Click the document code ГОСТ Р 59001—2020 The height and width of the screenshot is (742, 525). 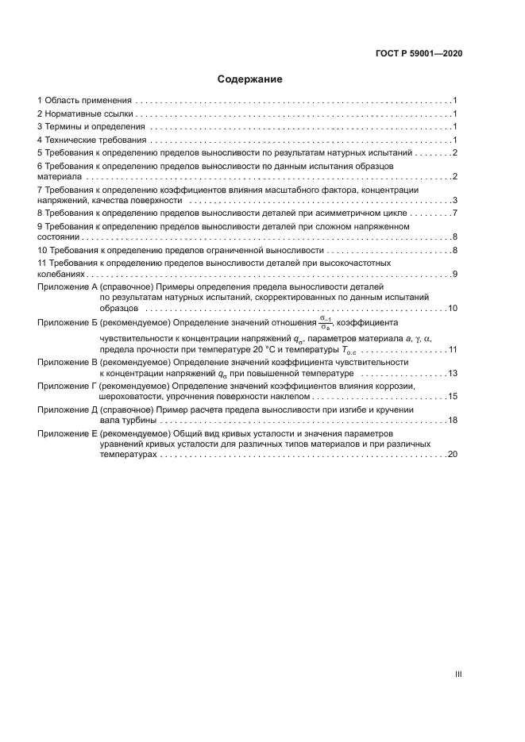click(x=419, y=53)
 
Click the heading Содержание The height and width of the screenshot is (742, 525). click(x=249, y=79)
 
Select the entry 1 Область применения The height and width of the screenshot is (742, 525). click(x=84, y=102)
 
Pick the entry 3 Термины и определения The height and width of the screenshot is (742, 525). click(x=91, y=127)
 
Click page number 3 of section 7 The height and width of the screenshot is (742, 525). click(x=454, y=202)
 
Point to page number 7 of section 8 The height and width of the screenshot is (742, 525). click(x=454, y=213)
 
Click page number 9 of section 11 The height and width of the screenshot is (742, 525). click(x=454, y=274)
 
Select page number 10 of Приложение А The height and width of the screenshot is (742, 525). click(x=453, y=308)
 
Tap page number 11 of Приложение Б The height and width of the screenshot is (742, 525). click(x=453, y=349)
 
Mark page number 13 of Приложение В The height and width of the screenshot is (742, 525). click(x=453, y=373)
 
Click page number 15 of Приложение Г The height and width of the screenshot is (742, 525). click(x=453, y=396)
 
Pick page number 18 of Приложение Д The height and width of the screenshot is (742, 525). click(x=453, y=420)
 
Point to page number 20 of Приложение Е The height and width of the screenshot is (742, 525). click(x=453, y=456)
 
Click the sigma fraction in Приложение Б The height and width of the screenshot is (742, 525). click(x=325, y=322)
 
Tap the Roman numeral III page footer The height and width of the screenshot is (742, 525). click(x=458, y=675)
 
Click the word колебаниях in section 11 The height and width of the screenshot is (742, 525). click(x=60, y=274)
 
